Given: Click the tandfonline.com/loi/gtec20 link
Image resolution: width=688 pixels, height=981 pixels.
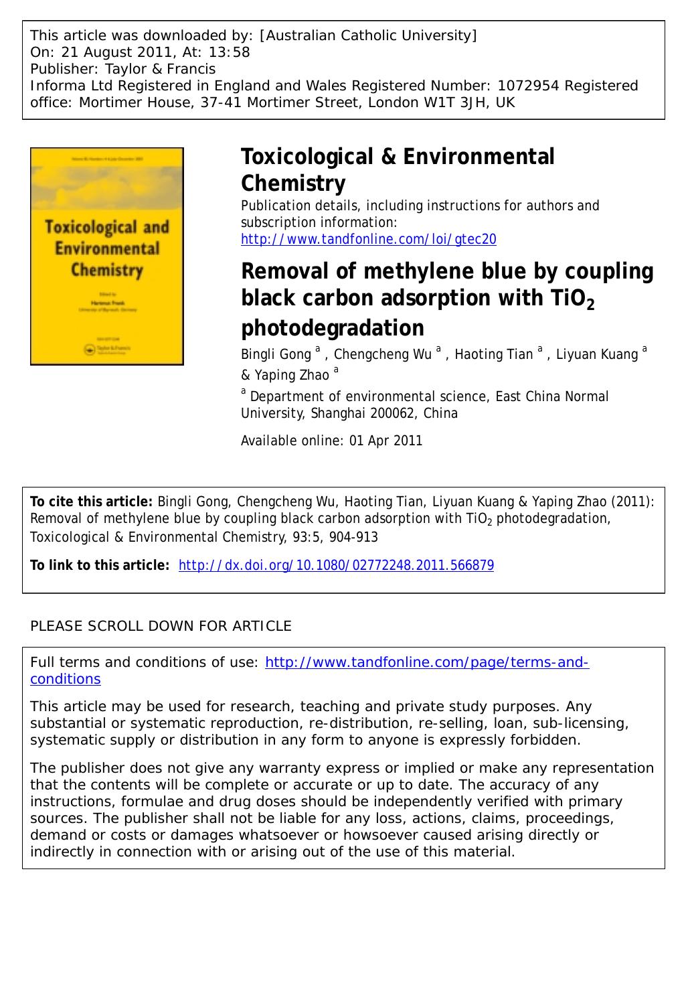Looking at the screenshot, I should click(x=368, y=239).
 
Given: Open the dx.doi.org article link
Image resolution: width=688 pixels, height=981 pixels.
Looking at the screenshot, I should click(x=337, y=565).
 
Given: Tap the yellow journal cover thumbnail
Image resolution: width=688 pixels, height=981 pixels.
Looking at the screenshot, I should click(x=107, y=256).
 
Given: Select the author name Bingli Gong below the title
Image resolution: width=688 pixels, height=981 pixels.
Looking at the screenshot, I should click(x=276, y=354).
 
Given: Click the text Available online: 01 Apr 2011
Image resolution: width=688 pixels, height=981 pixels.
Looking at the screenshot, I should click(x=331, y=441).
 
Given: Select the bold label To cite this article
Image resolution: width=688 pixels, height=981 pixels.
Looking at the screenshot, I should click(x=92, y=502).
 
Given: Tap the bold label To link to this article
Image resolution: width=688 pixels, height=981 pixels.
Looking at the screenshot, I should click(x=100, y=565).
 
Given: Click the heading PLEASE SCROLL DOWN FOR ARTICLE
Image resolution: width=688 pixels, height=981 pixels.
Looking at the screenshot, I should click(x=161, y=626).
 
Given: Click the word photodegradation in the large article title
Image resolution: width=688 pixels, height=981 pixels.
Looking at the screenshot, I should click(x=332, y=328).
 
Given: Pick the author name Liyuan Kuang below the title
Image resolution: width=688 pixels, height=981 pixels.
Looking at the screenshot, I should click(x=597, y=354).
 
